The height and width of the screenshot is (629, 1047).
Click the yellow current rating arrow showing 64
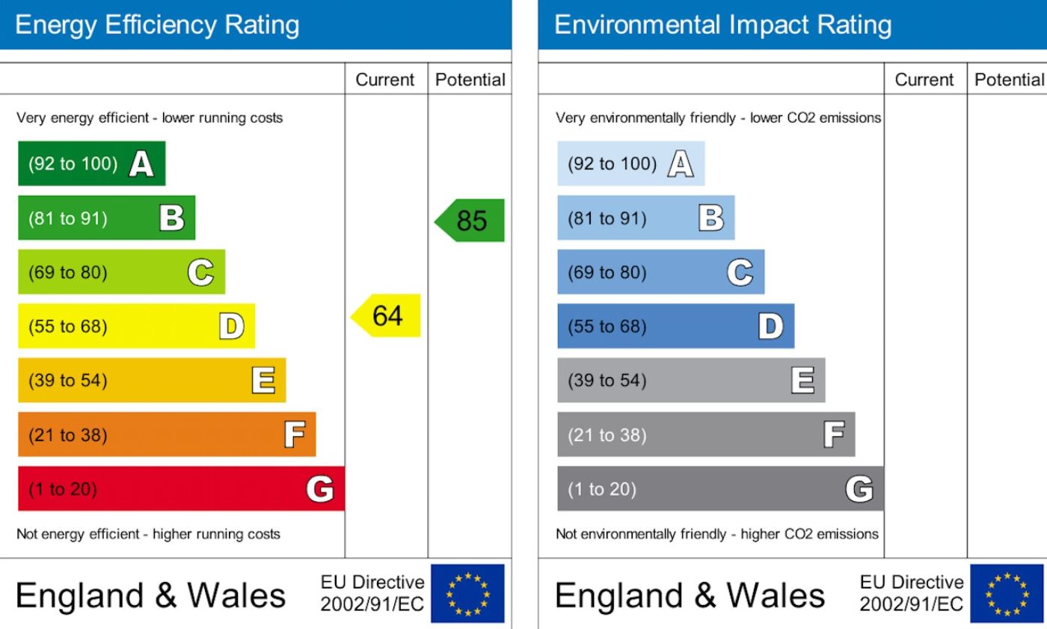tap(387, 316)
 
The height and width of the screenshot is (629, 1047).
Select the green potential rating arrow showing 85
tap(470, 221)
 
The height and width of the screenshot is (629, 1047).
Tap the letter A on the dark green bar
tap(141, 164)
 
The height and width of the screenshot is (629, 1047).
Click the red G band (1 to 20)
tap(181, 489)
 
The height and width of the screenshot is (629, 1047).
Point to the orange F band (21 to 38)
tap(167, 435)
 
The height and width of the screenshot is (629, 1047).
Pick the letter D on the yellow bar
tap(231, 327)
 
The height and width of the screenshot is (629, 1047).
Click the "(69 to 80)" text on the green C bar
tap(67, 272)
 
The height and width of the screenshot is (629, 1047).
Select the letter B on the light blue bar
tap(710, 218)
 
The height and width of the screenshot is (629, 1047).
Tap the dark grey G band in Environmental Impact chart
tap(720, 489)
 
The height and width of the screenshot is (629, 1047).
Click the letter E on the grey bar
tap(802, 381)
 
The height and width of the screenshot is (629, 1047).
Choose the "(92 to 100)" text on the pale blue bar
tap(612, 164)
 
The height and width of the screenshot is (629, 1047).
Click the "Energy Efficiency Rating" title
tap(157, 25)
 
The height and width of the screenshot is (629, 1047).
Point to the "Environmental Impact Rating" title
tap(722, 25)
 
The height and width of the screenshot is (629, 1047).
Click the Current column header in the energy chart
tap(385, 80)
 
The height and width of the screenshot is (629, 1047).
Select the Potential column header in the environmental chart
tap(1009, 80)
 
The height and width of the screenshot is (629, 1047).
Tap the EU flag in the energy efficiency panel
tap(468, 594)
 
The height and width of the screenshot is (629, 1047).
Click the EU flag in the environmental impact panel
tap(1007, 594)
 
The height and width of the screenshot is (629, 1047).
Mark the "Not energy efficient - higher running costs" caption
tap(148, 534)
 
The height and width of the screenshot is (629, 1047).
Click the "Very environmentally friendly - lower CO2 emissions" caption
tap(718, 118)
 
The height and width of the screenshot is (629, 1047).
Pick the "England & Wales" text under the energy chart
tap(150, 595)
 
